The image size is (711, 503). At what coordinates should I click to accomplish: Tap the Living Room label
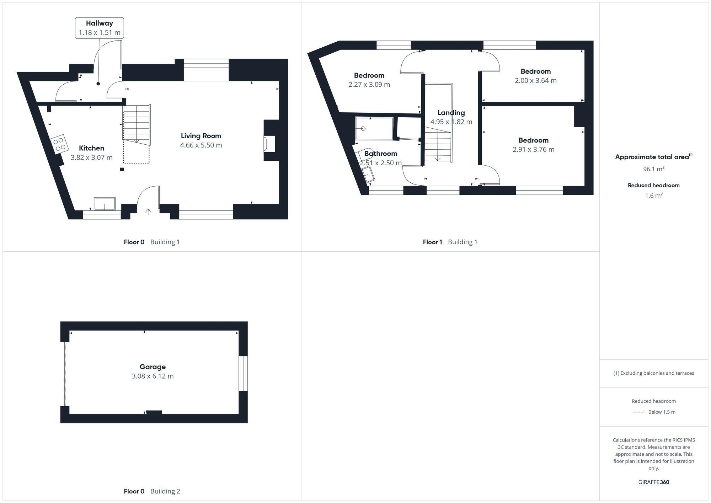201,136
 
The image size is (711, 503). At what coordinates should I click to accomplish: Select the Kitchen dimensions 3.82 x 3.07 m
91,157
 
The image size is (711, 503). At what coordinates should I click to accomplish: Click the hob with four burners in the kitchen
59,144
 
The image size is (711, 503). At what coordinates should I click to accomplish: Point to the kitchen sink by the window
105,204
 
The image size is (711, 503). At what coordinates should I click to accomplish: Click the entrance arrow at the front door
148,212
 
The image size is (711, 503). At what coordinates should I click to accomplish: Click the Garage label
153,367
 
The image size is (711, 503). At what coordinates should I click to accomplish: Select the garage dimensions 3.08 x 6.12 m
153,376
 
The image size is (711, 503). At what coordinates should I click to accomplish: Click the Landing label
451,113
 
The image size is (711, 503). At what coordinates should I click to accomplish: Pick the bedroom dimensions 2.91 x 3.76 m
533,150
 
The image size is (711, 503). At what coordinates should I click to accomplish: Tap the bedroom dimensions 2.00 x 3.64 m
535,81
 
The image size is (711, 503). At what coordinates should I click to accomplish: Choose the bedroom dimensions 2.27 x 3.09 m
369,85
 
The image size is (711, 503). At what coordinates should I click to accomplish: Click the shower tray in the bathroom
374,128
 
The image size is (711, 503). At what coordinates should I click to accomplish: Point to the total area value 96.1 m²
653,169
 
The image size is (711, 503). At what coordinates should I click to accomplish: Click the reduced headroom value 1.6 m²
653,196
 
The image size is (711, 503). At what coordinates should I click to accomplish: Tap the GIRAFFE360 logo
653,482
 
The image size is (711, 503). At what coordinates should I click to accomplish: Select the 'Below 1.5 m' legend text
662,412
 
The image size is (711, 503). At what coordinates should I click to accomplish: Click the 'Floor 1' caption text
432,242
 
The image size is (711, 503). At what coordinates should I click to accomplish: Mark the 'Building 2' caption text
165,491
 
